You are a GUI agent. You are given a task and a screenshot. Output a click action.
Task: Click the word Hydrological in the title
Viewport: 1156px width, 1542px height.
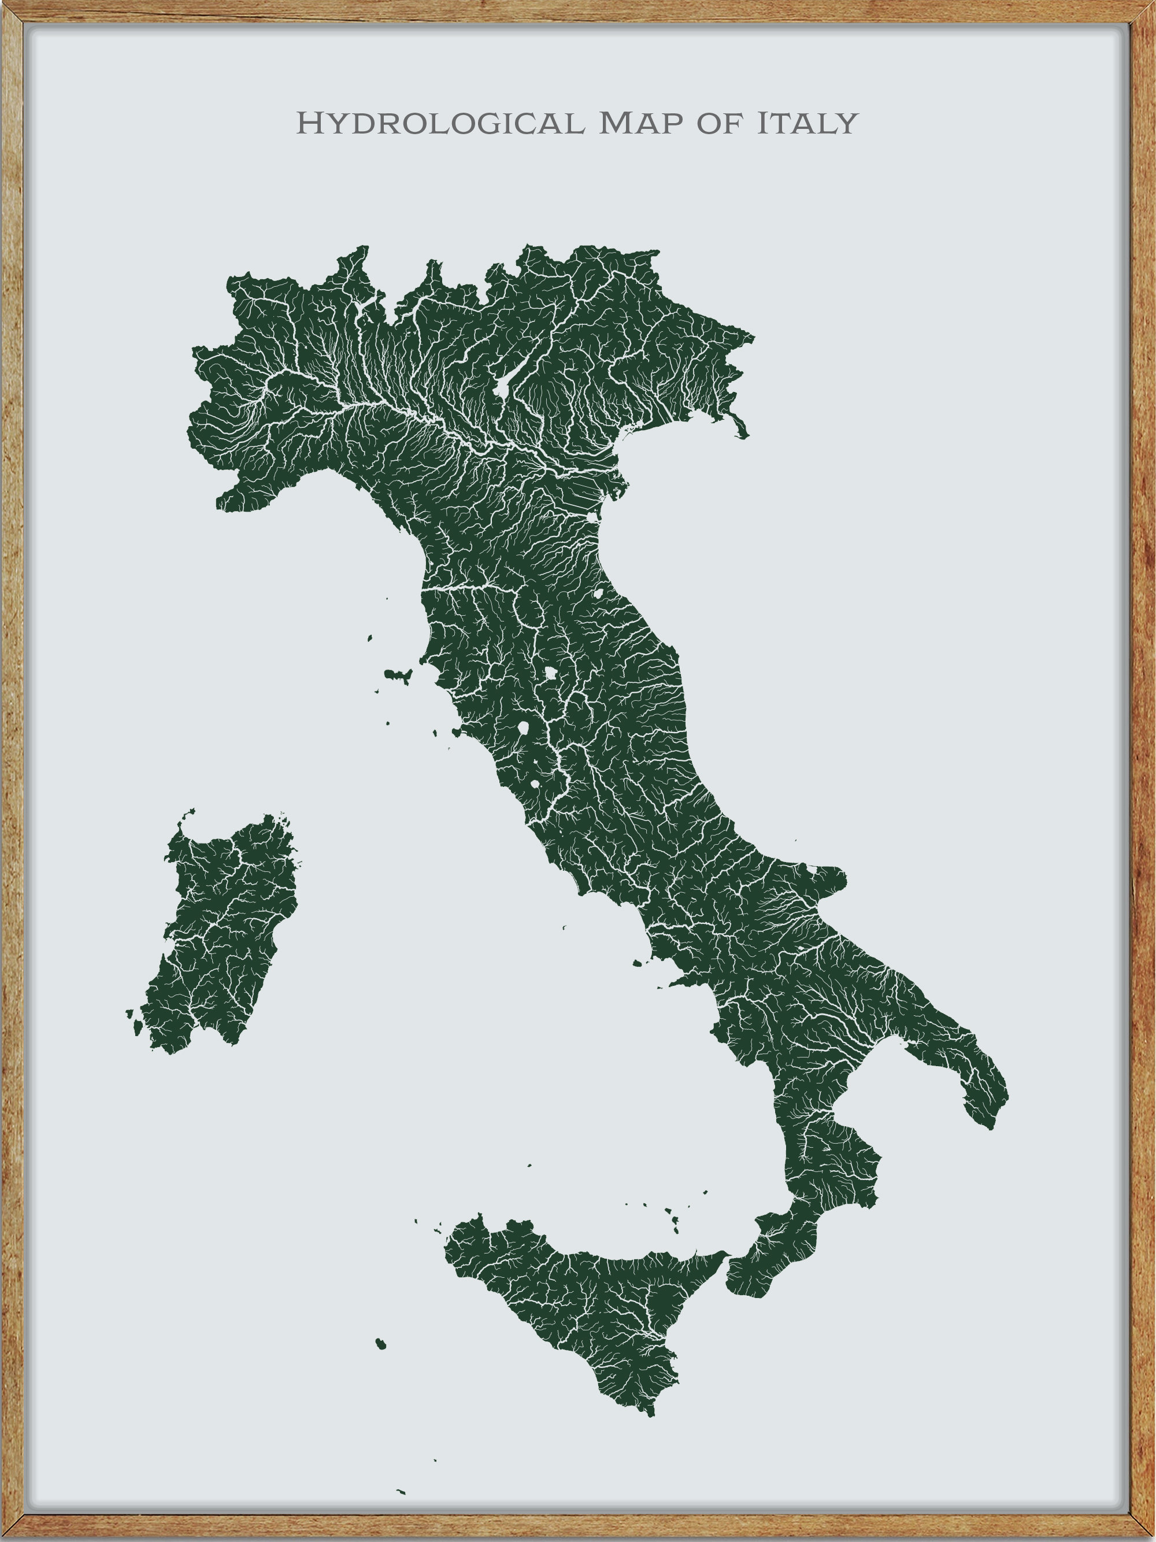pyautogui.click(x=440, y=123)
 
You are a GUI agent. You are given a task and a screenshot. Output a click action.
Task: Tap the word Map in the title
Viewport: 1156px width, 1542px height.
pyautogui.click(x=641, y=123)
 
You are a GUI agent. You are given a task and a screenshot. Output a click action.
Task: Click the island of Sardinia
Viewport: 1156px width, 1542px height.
pyautogui.click(x=223, y=934)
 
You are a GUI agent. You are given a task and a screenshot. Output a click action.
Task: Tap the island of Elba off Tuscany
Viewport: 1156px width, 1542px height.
pyautogui.click(x=398, y=674)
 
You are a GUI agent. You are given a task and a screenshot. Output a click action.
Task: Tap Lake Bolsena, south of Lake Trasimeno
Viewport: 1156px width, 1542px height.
pyautogui.click(x=523, y=729)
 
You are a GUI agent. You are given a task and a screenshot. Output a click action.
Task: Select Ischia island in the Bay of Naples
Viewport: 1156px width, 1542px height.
pyautogui.click(x=637, y=964)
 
